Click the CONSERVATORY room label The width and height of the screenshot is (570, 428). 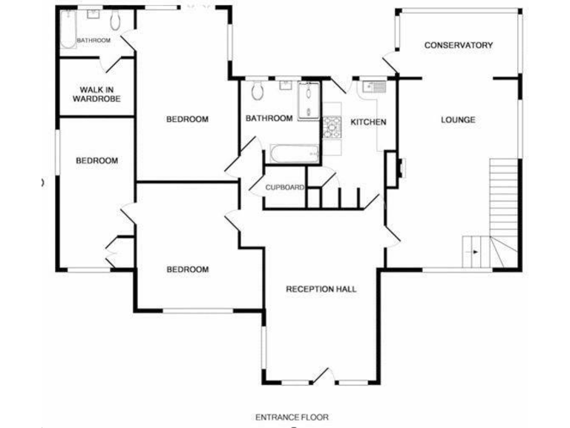pos(458,45)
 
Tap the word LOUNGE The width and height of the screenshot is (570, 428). pos(458,120)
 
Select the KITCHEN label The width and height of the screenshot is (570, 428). pos(369,122)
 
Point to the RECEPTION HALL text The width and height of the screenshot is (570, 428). pos(321,289)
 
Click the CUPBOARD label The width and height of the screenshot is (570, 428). pos(285,188)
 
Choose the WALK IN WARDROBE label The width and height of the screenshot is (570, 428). pos(96,94)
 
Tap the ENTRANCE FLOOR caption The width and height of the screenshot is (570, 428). pos(292,418)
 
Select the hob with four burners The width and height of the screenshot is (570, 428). pos(330,129)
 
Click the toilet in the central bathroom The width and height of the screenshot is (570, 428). pos(258,91)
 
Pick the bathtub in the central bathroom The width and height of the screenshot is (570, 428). pos(295,154)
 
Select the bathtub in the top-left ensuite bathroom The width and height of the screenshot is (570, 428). pos(68,30)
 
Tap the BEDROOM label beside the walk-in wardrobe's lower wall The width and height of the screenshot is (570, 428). pos(97,160)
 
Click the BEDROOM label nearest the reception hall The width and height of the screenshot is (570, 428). pos(187,269)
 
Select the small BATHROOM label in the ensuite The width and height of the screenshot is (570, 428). pos(94,40)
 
